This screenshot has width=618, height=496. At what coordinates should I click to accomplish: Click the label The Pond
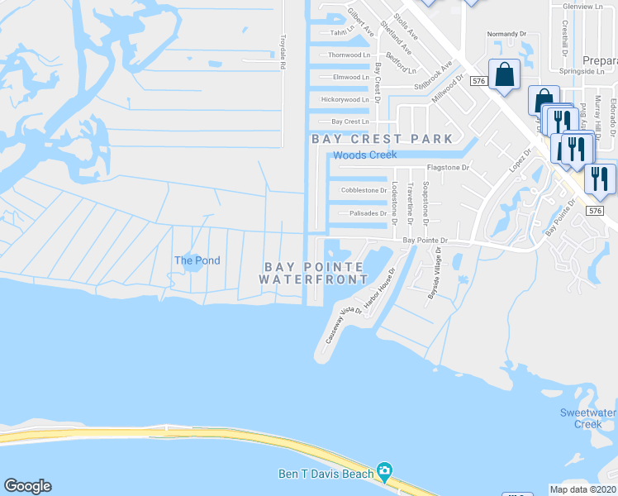coord(197,260)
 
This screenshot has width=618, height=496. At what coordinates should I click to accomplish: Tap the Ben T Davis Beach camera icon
coord(383,472)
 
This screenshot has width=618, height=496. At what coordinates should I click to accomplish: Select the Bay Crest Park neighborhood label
coord(382,139)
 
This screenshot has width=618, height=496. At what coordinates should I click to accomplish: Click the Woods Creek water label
coord(364,155)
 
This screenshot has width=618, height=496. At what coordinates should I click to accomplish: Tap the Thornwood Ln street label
coord(349,55)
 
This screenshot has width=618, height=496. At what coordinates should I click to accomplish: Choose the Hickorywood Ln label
coord(345,99)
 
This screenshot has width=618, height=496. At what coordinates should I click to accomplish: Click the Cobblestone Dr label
coord(364,190)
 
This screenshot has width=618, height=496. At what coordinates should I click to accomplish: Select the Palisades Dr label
coord(368,212)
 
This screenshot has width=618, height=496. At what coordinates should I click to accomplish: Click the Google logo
coord(27,486)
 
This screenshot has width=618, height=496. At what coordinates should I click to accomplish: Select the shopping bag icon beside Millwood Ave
coord(504,75)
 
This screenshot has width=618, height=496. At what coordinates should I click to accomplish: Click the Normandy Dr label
coord(506,34)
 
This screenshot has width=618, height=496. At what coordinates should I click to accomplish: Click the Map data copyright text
coord(583,489)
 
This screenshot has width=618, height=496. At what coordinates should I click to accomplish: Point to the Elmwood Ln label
coord(350,77)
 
